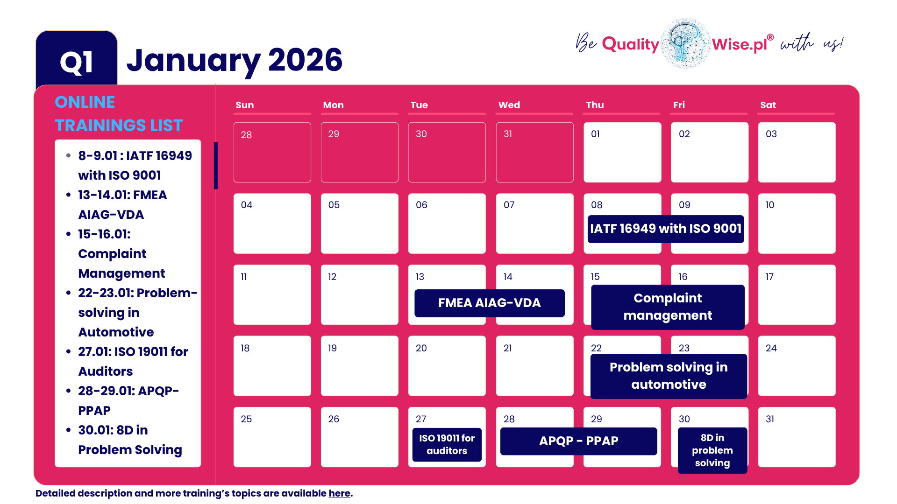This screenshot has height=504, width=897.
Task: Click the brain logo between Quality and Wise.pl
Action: click(x=686, y=43)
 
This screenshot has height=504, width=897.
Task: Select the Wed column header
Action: click(x=509, y=105)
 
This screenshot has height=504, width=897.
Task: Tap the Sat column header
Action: click(x=768, y=105)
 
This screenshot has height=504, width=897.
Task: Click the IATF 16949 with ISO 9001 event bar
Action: click(x=666, y=229)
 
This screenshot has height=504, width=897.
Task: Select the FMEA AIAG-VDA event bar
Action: click(x=489, y=303)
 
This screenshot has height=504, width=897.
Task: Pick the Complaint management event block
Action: click(x=668, y=307)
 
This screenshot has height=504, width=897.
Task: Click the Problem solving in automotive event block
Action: click(x=669, y=376)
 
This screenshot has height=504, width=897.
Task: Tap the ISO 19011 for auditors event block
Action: click(x=447, y=444)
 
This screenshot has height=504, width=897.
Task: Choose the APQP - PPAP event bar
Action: click(x=578, y=441)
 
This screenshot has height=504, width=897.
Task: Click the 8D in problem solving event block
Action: click(x=712, y=450)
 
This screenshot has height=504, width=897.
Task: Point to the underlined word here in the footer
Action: click(x=339, y=493)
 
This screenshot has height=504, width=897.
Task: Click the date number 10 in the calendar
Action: click(x=769, y=205)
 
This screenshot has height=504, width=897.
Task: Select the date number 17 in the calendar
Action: click(x=769, y=277)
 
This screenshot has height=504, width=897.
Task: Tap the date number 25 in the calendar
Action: click(x=246, y=419)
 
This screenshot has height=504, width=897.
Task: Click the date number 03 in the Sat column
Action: click(x=771, y=134)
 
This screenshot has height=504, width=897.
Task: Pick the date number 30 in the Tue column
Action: click(x=421, y=134)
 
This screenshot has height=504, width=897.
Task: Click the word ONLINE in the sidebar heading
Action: click(x=85, y=102)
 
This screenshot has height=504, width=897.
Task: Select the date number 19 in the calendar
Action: click(x=332, y=348)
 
